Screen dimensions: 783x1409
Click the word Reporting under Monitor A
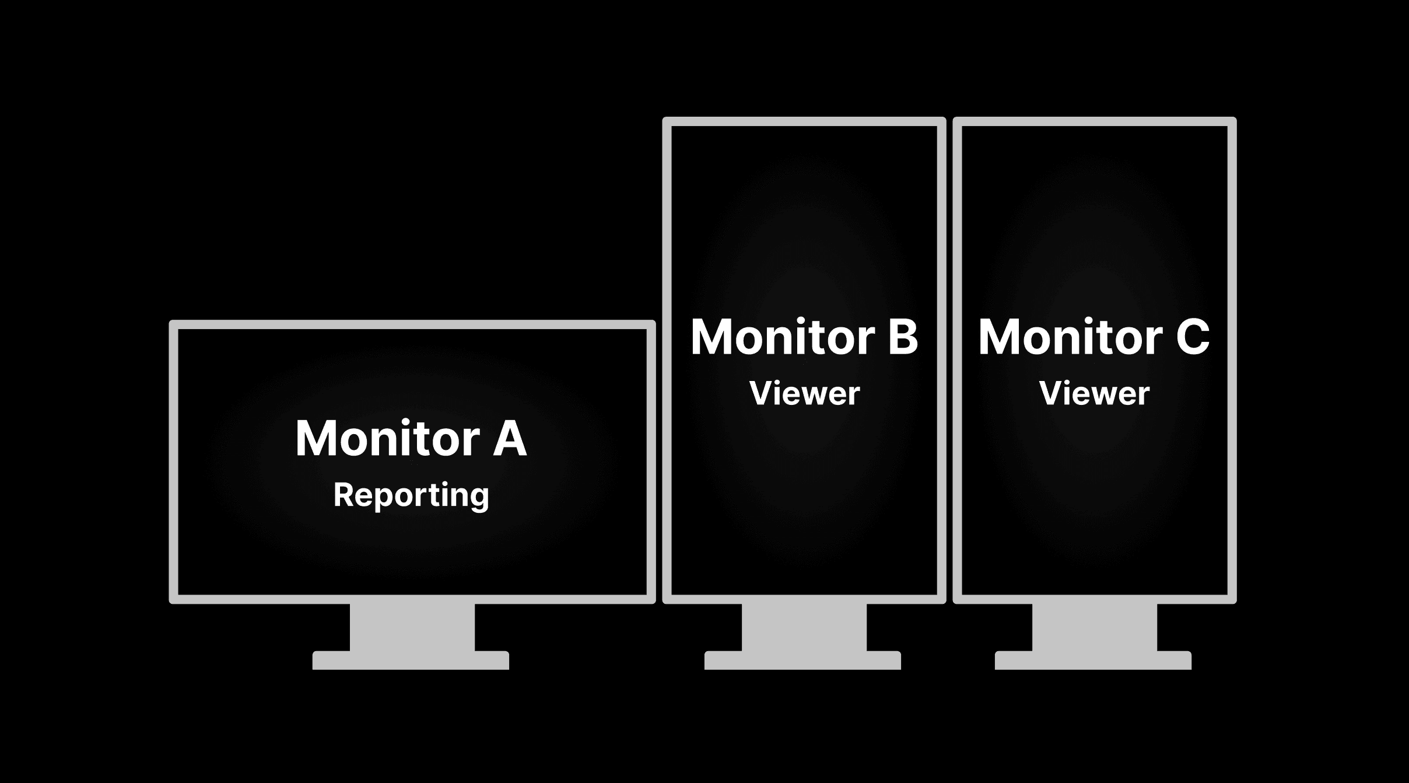(x=411, y=495)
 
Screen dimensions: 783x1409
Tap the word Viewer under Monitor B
(x=804, y=393)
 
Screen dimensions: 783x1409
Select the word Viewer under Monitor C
(x=1094, y=393)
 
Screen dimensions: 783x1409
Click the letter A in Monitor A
(x=510, y=438)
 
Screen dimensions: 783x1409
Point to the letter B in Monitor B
(x=903, y=337)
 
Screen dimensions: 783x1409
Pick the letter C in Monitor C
(x=1192, y=337)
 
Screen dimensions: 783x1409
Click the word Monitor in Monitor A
(x=387, y=438)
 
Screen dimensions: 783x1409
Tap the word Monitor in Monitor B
(x=783, y=337)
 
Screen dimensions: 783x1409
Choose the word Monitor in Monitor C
(x=1070, y=337)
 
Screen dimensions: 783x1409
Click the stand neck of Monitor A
(x=412, y=627)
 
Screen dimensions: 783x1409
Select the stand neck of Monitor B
(x=804, y=627)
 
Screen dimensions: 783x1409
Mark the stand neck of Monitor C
(x=1094, y=627)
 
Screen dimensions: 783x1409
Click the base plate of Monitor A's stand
(x=411, y=660)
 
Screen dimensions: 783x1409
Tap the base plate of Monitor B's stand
(x=802, y=660)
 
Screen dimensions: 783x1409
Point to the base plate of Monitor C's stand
(x=1093, y=660)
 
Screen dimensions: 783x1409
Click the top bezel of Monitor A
(x=412, y=324)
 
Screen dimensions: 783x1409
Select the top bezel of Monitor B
(x=804, y=121)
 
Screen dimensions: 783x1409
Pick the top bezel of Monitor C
(x=1094, y=121)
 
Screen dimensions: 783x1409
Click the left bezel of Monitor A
(x=173, y=461)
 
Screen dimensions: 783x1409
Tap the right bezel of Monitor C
(x=1232, y=359)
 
